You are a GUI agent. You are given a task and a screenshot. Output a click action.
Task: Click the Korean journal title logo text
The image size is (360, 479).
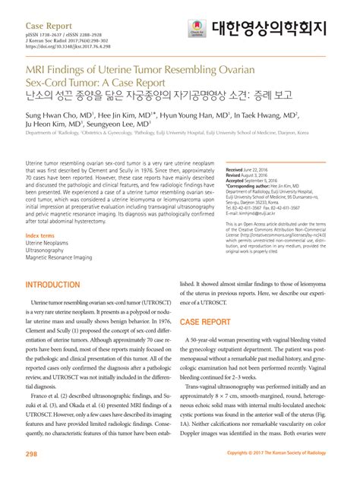tap(274, 28)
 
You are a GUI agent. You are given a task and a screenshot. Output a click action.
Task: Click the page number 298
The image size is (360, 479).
tap(31, 454)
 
